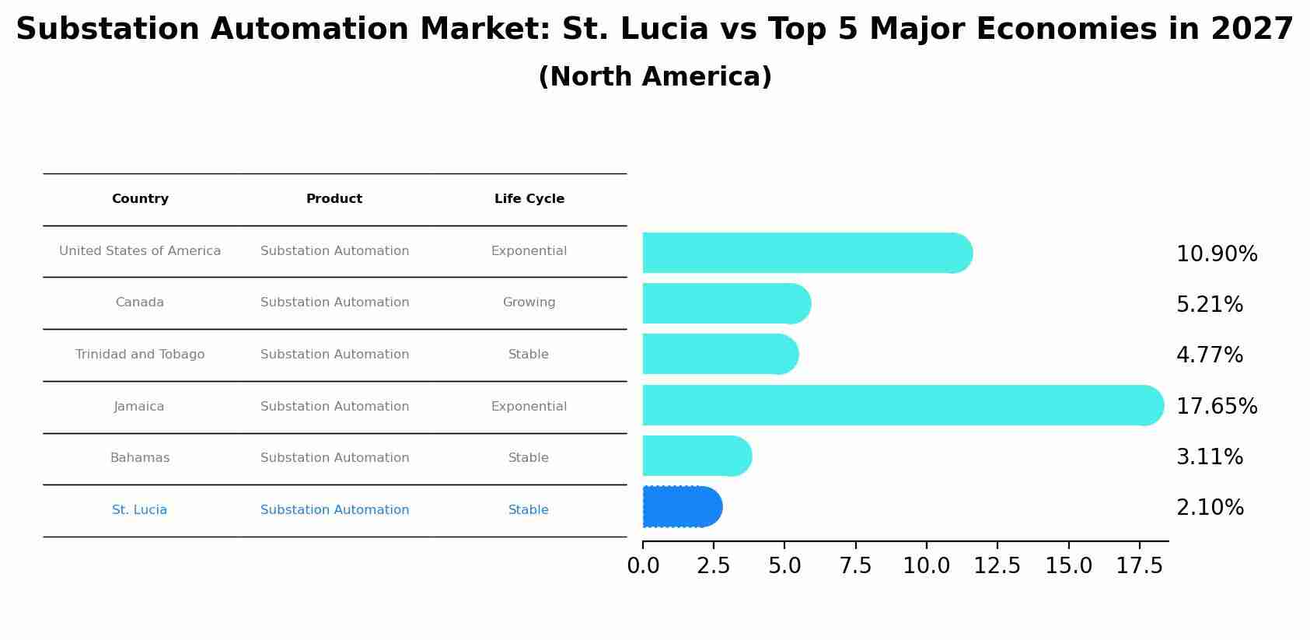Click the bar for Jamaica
click(x=902, y=405)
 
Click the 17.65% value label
click(x=1216, y=407)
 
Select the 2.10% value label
click(x=1210, y=508)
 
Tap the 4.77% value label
click(x=1209, y=355)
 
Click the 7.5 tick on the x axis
click(x=855, y=566)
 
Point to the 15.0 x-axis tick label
click(x=1068, y=566)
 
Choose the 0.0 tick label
click(x=643, y=566)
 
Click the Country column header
click(x=140, y=199)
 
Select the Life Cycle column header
click(x=529, y=199)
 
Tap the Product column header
click(x=334, y=199)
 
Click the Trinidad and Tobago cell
click(x=140, y=355)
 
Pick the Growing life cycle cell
click(x=529, y=303)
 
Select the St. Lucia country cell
click(x=139, y=510)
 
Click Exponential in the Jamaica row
click(x=529, y=407)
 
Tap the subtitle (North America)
click(x=655, y=77)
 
